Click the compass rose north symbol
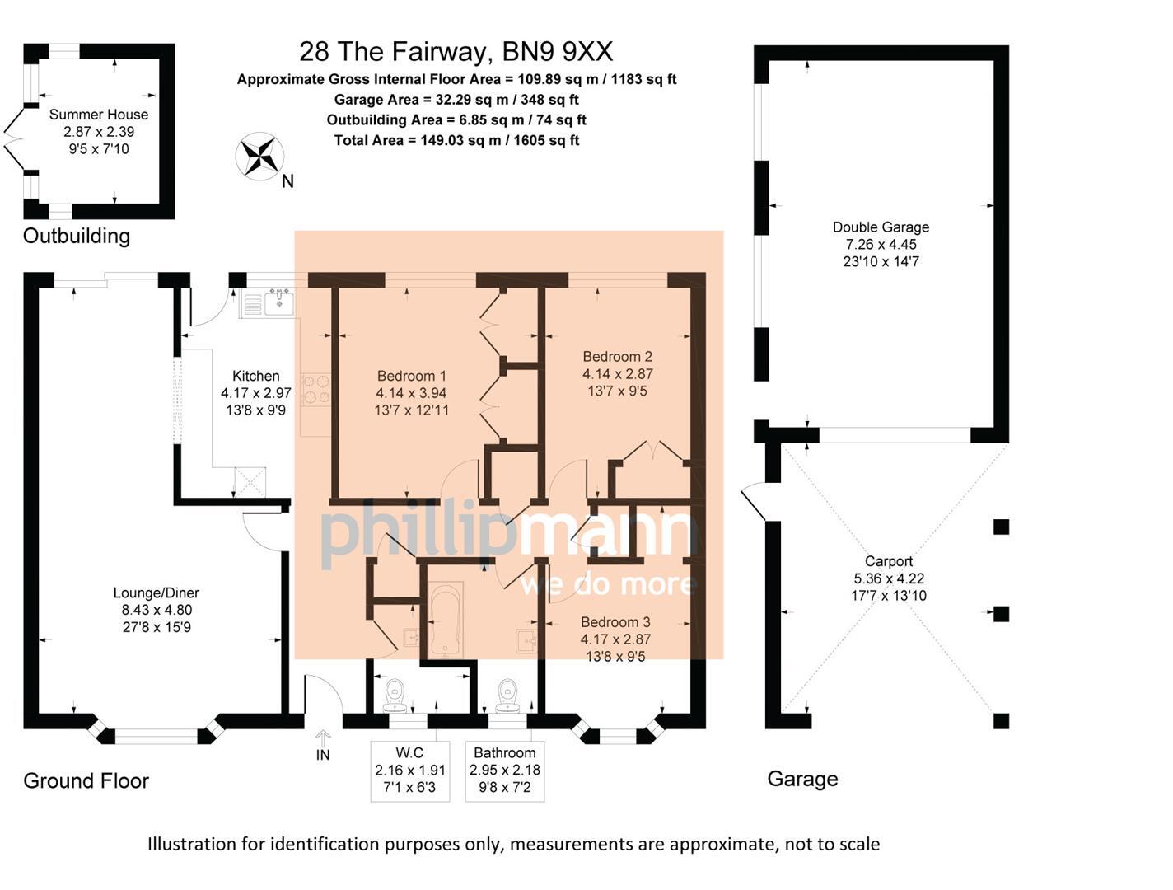[x=260, y=157]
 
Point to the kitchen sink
[x=279, y=302]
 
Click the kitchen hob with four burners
[x=317, y=389]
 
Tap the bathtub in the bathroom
[x=446, y=620]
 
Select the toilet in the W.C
[x=395, y=694]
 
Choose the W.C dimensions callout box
[x=409, y=771]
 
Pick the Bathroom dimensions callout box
[x=505, y=771]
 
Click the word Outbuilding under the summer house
[x=77, y=237]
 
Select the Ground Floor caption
[x=86, y=780]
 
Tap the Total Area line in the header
[x=456, y=140]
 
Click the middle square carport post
[x=1001, y=613]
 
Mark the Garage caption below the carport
[x=802, y=779]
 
